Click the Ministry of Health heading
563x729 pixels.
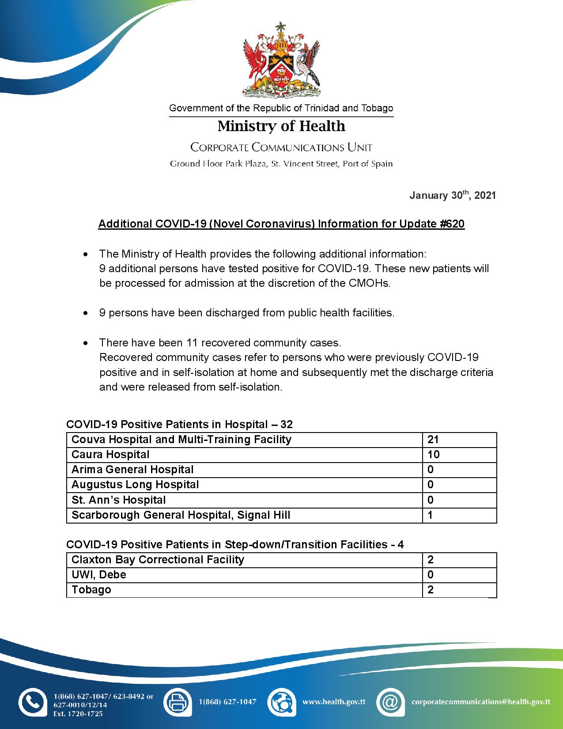coord(281,126)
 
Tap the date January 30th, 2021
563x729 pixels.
coord(453,195)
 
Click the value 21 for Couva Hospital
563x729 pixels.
coord(433,440)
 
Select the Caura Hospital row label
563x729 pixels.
coord(110,455)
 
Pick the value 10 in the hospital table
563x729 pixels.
coord(433,455)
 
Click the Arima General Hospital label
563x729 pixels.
coord(132,470)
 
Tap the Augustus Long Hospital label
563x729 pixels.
coord(135,485)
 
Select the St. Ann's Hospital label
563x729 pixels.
coord(118,500)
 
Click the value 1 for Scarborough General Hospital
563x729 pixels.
coord(430,515)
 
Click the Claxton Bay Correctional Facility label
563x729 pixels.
coord(158,560)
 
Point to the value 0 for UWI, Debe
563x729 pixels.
coord(431,575)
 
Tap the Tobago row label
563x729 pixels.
coord(91,590)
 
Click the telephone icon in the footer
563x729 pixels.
coord(32,702)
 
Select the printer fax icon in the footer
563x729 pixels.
coord(178,702)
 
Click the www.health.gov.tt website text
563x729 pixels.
coord(333,702)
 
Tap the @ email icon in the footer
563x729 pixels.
coord(390,702)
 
